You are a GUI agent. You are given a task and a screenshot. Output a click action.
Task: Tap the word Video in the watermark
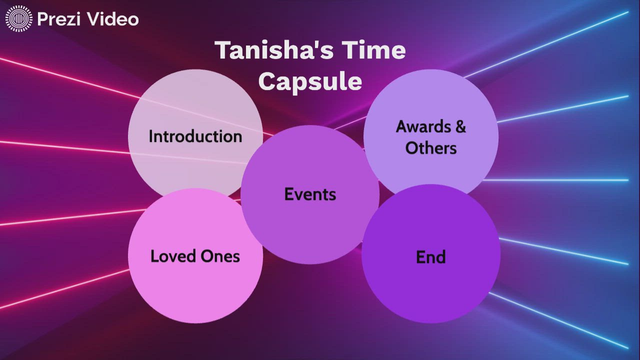click(x=112, y=19)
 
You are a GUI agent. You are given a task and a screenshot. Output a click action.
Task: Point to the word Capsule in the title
click(x=310, y=81)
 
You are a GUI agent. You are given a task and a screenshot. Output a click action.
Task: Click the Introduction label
click(x=195, y=136)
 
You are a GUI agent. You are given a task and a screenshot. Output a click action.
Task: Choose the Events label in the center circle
click(x=310, y=194)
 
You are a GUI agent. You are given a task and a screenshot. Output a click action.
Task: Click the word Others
click(x=431, y=148)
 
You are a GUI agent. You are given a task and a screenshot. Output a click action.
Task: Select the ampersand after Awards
click(x=460, y=126)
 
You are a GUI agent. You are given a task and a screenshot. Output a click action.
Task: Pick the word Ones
click(x=220, y=256)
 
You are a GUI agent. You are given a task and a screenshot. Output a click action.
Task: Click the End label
click(x=430, y=256)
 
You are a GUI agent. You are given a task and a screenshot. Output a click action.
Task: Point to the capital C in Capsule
click(x=268, y=81)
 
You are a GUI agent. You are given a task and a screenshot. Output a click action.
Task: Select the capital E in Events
click(x=288, y=194)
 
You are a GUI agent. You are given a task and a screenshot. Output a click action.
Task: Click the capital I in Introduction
click(x=151, y=136)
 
